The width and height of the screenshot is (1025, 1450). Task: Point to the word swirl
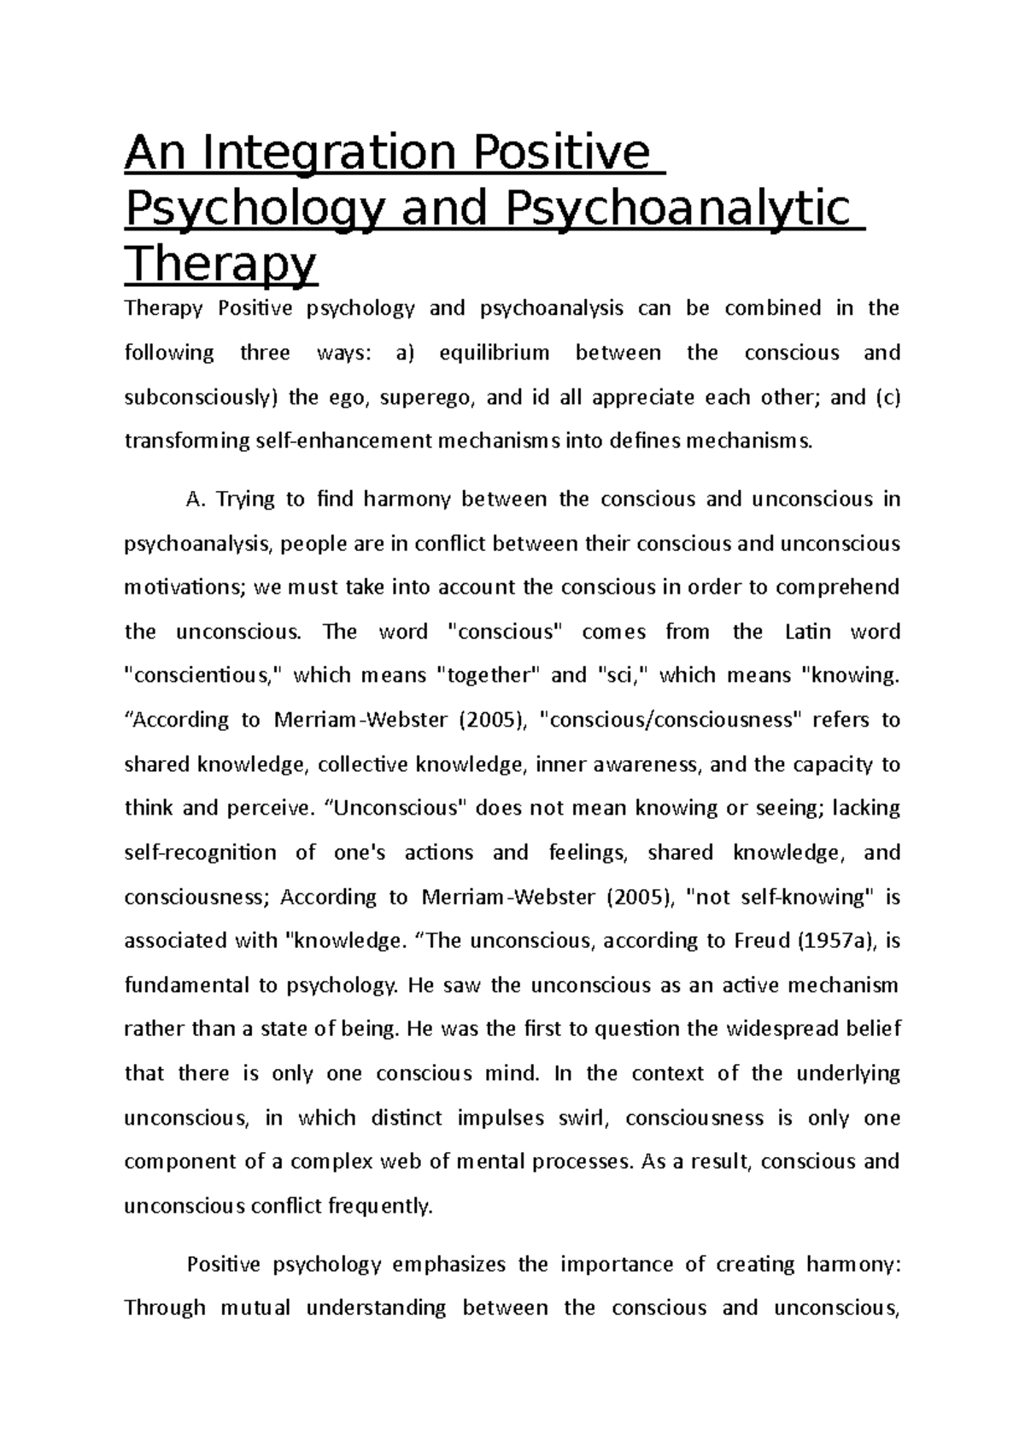coord(583,1118)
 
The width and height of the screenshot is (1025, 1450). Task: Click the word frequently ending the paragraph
coord(381,1207)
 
